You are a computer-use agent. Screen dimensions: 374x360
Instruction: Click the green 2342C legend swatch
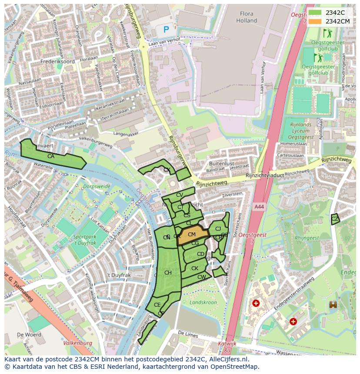click(316, 13)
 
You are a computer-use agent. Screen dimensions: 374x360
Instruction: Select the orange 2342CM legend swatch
click(316, 21)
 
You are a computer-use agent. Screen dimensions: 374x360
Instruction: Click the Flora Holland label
click(247, 17)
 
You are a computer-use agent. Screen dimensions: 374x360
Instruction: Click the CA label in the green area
click(51, 156)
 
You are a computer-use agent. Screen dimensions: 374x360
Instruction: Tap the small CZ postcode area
click(334, 219)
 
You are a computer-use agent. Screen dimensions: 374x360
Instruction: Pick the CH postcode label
click(168, 273)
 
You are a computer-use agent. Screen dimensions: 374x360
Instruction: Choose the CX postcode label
click(167, 170)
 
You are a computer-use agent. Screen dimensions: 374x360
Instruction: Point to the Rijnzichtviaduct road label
click(265, 175)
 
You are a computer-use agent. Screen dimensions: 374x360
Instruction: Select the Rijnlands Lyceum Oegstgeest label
click(301, 131)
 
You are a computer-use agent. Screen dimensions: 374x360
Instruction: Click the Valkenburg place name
click(78, 343)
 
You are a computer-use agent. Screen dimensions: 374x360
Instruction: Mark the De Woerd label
click(29, 335)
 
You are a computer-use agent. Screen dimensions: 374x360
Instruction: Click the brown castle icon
click(333, 305)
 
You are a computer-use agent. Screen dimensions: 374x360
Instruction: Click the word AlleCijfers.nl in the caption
click(227, 360)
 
